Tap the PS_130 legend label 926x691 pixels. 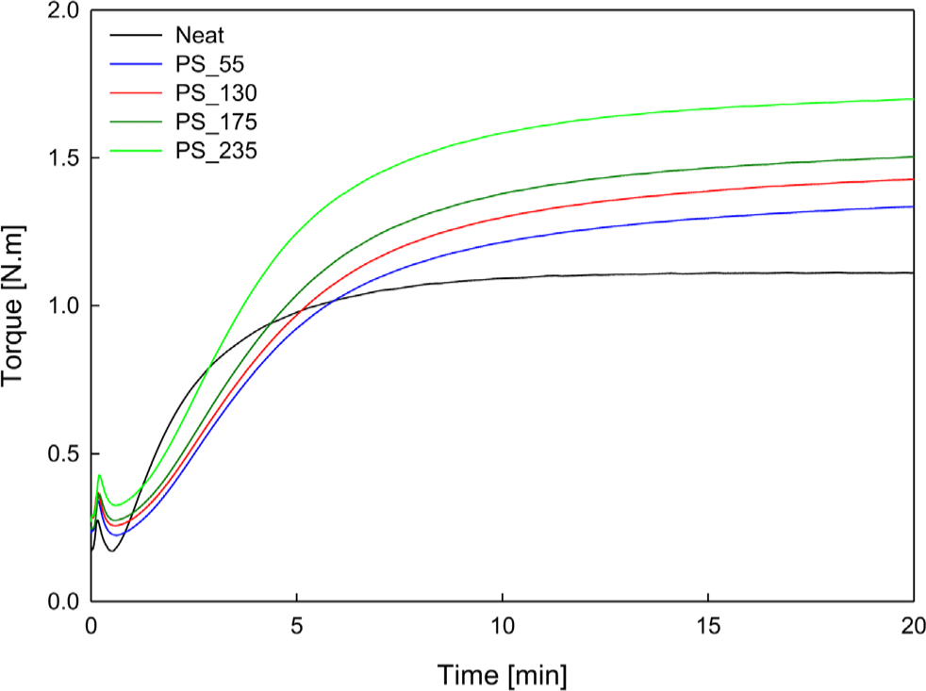tap(211, 93)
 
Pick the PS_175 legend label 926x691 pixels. tap(211, 122)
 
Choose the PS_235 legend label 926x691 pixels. tap(211, 150)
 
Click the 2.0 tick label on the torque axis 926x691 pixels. tap(63, 10)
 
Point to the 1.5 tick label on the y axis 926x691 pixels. tap(63, 158)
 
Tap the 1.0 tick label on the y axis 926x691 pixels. tap(63, 306)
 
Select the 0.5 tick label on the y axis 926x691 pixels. tap(63, 454)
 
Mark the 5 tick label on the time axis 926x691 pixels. tap(297, 625)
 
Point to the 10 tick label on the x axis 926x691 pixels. tap(503, 625)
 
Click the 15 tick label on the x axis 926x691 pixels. tap(708, 625)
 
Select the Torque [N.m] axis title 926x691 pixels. tap(16, 305)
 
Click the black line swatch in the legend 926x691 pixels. tap(133, 37)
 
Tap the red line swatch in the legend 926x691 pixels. tap(133, 93)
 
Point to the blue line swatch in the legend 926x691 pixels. tap(133, 65)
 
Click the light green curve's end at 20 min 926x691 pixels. tap(913, 99)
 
